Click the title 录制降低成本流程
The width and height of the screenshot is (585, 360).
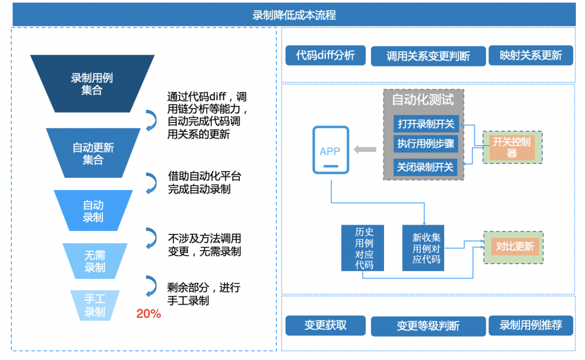tap(294, 15)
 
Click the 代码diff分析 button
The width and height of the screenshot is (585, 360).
tap(326, 55)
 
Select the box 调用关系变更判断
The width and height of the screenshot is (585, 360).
tap(428, 56)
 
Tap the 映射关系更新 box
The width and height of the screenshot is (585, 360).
tap(530, 55)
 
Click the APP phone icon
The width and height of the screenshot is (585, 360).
tap(330, 150)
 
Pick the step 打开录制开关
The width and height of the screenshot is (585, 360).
tap(426, 124)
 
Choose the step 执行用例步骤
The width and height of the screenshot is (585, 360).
tap(426, 144)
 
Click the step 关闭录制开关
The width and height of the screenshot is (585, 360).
tap(426, 167)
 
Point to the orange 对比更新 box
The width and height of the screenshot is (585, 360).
tap(515, 247)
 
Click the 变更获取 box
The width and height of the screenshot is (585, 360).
tap(326, 325)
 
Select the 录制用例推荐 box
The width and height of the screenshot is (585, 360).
tap(530, 325)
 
